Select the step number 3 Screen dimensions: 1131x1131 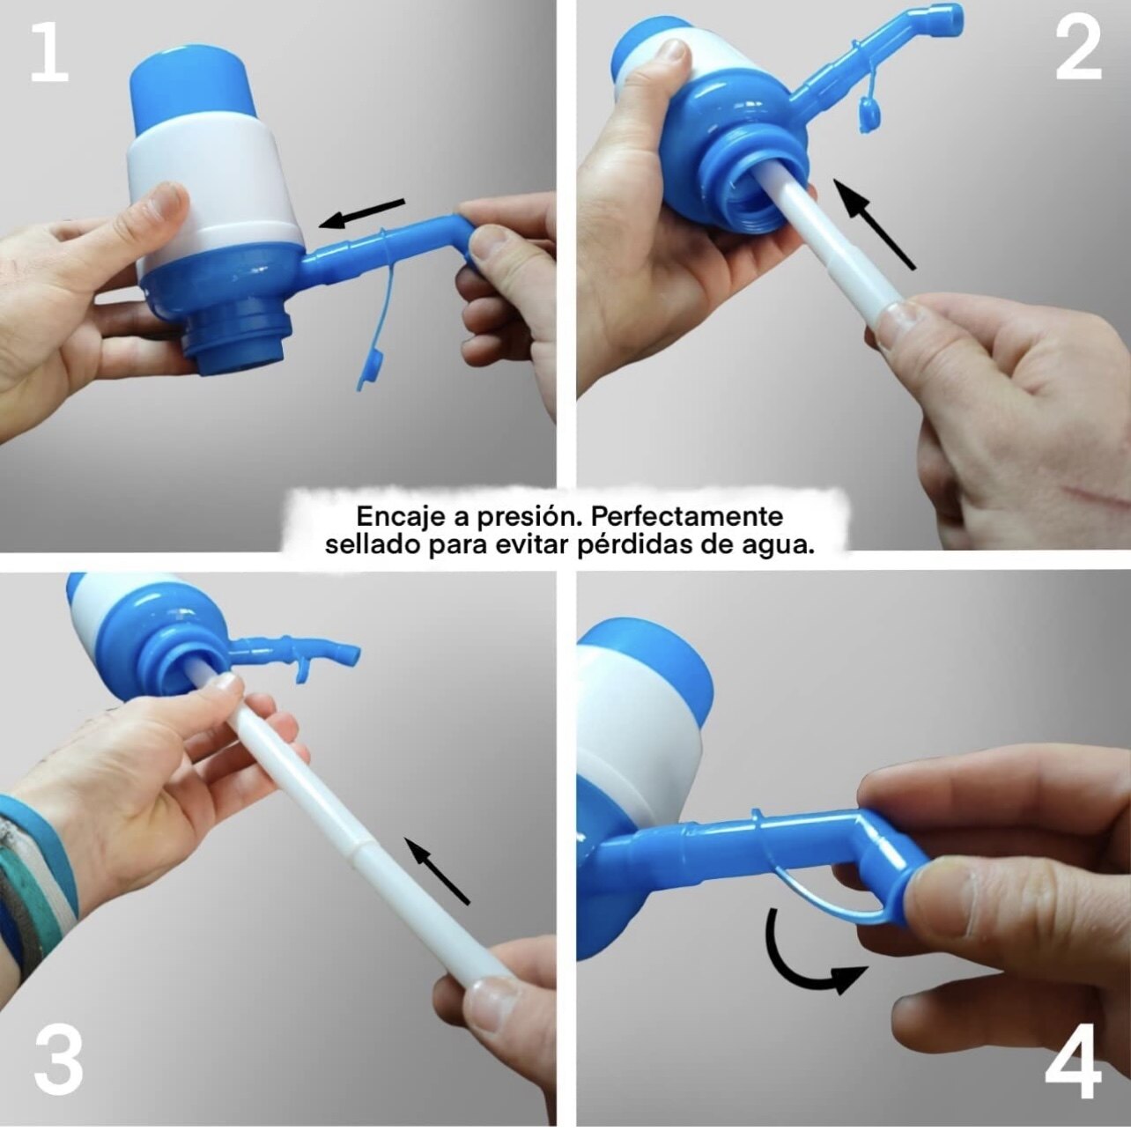click(57, 1046)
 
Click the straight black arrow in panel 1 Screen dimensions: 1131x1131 click(361, 212)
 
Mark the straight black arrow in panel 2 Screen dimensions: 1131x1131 click(875, 225)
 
